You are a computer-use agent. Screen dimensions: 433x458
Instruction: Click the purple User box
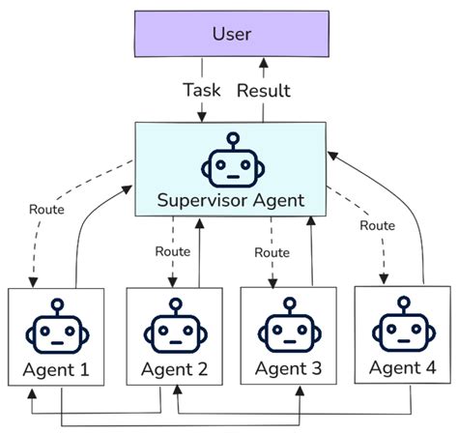point(231,34)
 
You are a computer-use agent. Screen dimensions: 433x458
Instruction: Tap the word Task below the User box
point(202,89)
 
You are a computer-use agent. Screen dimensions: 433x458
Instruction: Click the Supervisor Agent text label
point(231,201)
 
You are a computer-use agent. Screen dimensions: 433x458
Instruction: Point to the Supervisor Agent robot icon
point(231,160)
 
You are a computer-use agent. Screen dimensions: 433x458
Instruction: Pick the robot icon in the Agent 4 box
point(401,330)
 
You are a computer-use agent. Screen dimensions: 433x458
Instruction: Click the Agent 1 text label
point(58,369)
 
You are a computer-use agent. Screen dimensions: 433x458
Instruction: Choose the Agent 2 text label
point(175,369)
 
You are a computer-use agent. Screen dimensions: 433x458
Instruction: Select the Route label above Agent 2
point(172,251)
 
